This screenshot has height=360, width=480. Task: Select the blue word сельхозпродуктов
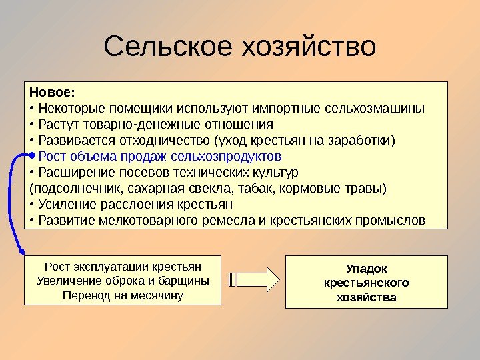227,157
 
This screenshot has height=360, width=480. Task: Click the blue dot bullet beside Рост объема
33,157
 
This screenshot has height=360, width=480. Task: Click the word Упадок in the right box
367,269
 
